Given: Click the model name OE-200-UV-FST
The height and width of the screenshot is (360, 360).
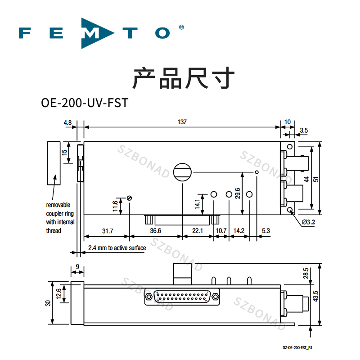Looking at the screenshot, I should click(x=85, y=103).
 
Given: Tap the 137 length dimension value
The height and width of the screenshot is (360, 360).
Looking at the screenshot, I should click(x=182, y=122).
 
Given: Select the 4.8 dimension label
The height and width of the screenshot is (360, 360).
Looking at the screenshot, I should click(x=68, y=122).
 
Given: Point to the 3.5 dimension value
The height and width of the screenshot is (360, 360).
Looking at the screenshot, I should click(x=303, y=130).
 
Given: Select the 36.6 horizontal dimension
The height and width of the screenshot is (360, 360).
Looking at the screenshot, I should click(x=156, y=231).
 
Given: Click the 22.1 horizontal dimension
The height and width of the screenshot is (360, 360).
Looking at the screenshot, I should click(x=198, y=231).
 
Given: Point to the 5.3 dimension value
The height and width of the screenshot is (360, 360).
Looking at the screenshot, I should click(x=265, y=231).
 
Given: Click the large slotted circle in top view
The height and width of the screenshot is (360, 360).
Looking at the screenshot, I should click(x=182, y=171).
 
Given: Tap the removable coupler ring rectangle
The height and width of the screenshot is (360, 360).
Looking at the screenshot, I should click(x=54, y=162).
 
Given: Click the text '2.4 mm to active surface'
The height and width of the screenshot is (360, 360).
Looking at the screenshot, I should click(x=117, y=248).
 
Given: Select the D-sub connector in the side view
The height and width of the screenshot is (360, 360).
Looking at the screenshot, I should click(x=182, y=297).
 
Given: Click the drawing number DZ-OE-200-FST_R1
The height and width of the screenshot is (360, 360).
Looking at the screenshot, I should click(x=297, y=347).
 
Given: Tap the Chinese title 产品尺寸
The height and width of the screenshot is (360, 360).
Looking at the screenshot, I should click(x=183, y=77).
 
